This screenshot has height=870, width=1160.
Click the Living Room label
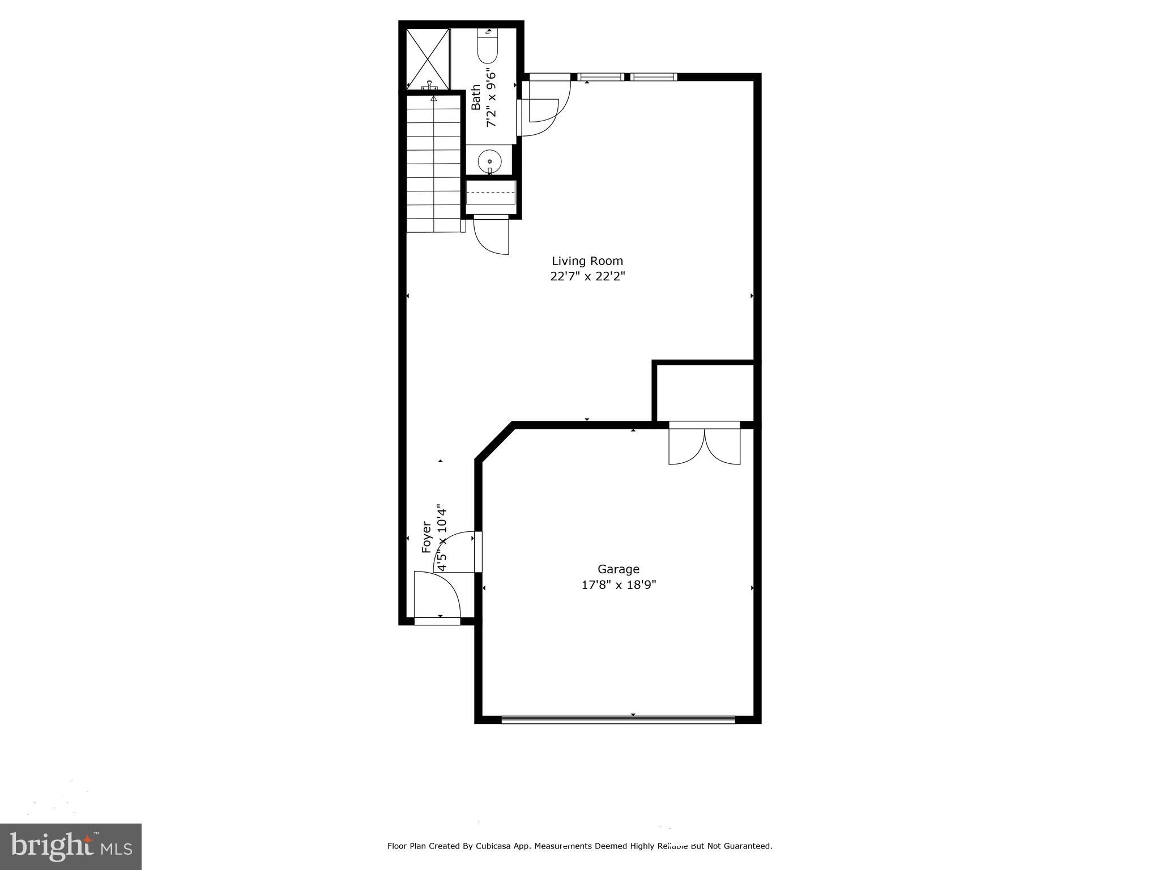[x=587, y=261]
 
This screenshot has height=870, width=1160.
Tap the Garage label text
[x=619, y=569]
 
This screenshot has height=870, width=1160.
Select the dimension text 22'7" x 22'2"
[x=587, y=276]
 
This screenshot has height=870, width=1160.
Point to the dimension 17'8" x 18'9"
[x=619, y=585]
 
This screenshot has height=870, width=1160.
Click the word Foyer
[x=427, y=537]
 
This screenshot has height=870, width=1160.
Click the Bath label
[x=476, y=97]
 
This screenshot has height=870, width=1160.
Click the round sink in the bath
[x=489, y=162]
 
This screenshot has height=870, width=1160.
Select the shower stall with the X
[x=428, y=58]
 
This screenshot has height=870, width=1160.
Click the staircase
[x=434, y=164]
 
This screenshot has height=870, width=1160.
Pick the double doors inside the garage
[x=704, y=445]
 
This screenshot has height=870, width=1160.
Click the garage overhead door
[x=618, y=719]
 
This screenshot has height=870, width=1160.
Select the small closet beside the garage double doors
[x=705, y=393]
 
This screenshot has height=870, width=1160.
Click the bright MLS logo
[x=71, y=846]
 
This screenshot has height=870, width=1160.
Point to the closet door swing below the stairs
[x=491, y=235]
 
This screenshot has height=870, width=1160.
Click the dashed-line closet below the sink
[x=491, y=193]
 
